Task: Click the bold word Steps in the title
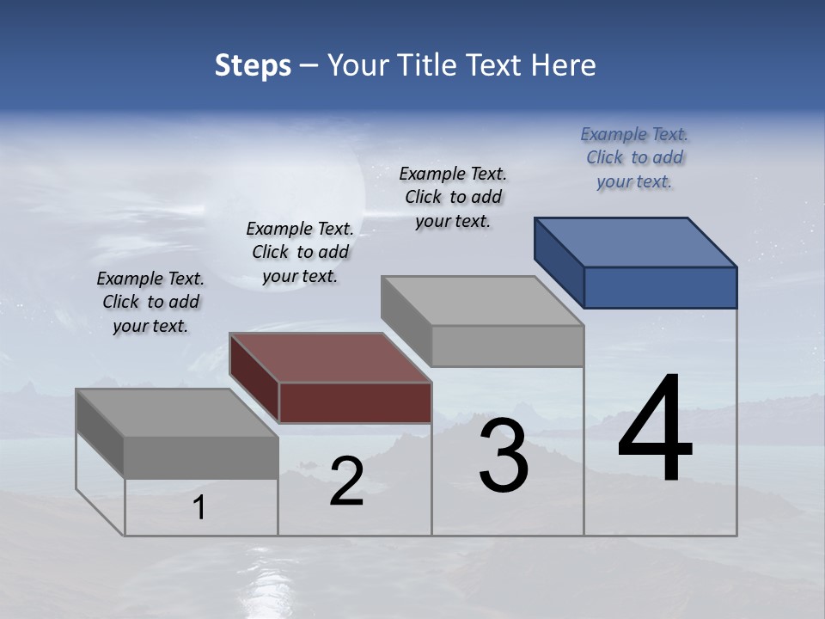click(x=253, y=66)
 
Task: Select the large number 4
click(x=655, y=429)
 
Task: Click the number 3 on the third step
click(x=504, y=457)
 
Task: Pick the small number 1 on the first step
click(x=199, y=508)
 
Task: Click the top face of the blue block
click(x=634, y=242)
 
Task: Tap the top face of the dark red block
click(x=330, y=357)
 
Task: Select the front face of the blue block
click(x=660, y=287)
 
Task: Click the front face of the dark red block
click(x=355, y=402)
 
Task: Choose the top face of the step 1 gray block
click(x=177, y=412)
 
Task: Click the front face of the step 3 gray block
click(x=507, y=346)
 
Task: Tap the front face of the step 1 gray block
click(x=201, y=457)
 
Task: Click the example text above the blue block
click(x=634, y=157)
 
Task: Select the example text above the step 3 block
click(x=454, y=197)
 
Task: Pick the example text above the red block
click(x=300, y=252)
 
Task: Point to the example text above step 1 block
click(x=150, y=302)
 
